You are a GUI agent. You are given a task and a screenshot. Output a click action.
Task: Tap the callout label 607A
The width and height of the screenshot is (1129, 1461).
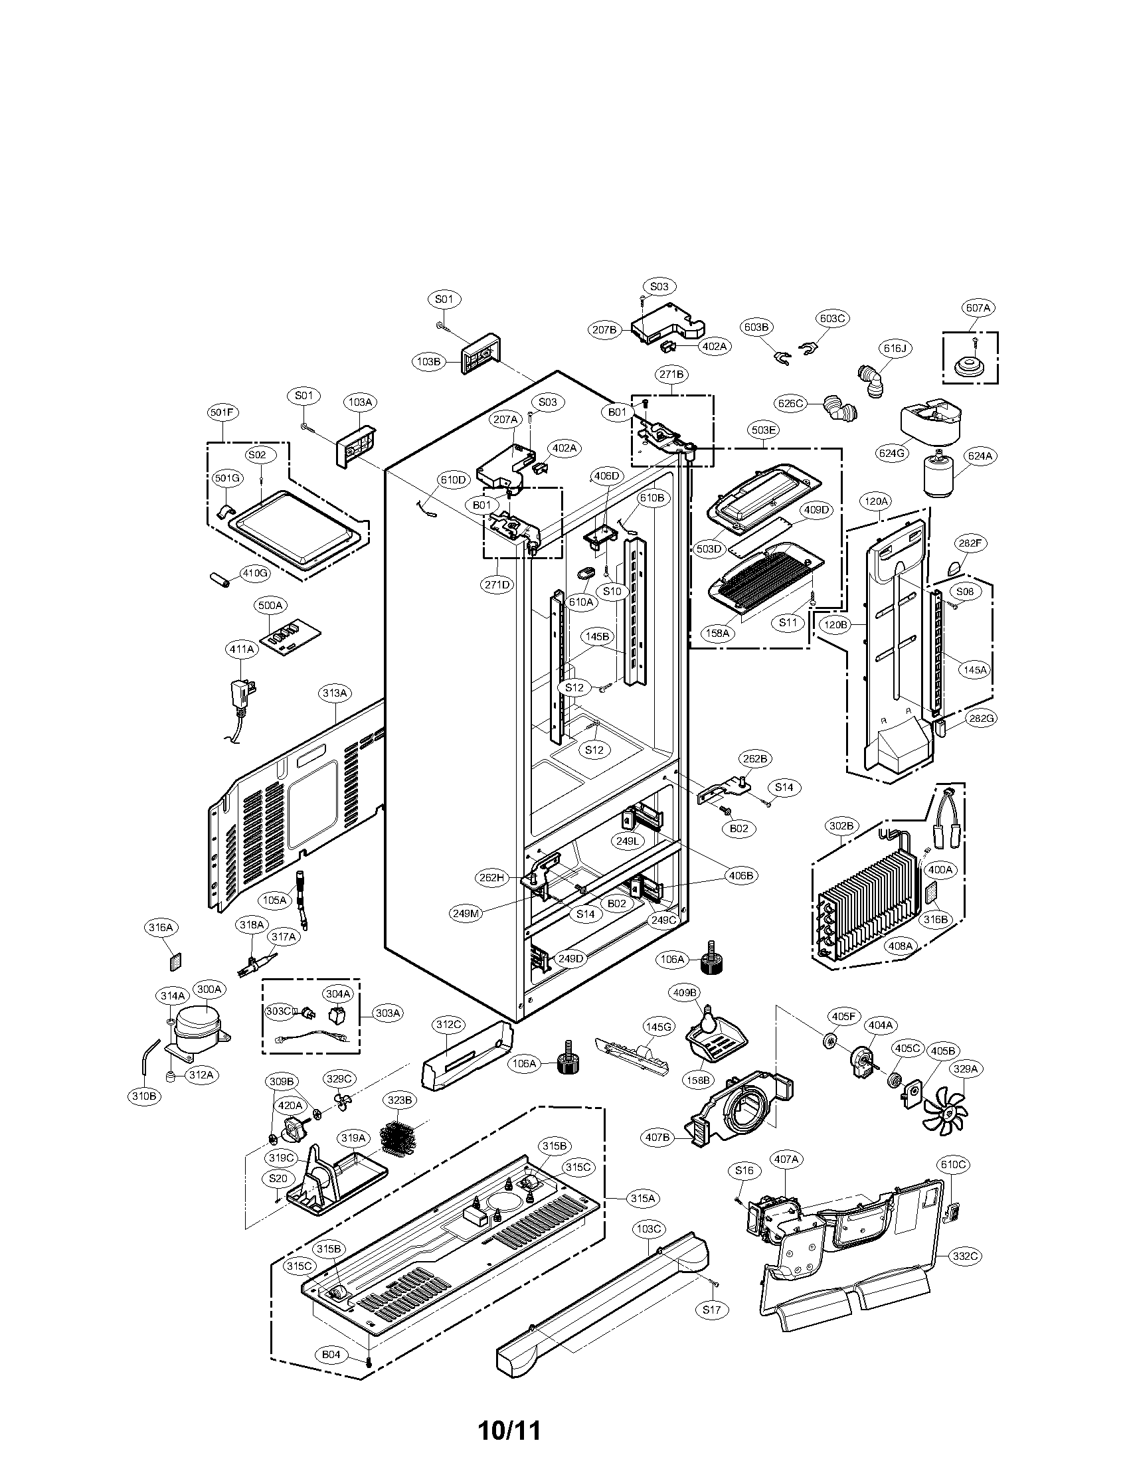click(x=977, y=308)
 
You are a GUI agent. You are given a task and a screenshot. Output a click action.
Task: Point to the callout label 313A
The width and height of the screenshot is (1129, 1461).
click(x=335, y=694)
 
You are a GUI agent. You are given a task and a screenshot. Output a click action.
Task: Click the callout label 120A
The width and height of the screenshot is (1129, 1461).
click(x=876, y=499)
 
